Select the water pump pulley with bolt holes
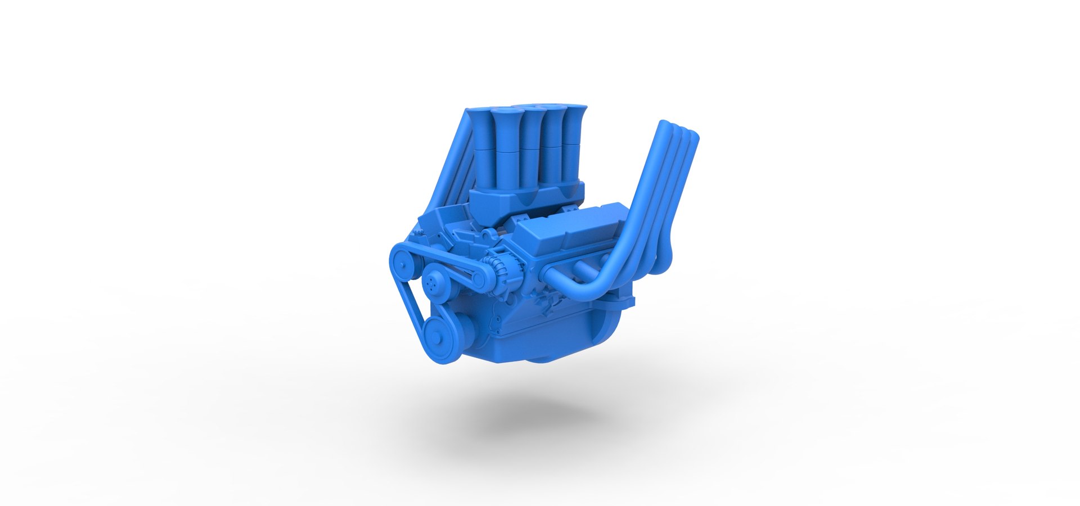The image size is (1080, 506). coord(436,279)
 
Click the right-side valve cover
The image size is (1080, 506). coord(568,229)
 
